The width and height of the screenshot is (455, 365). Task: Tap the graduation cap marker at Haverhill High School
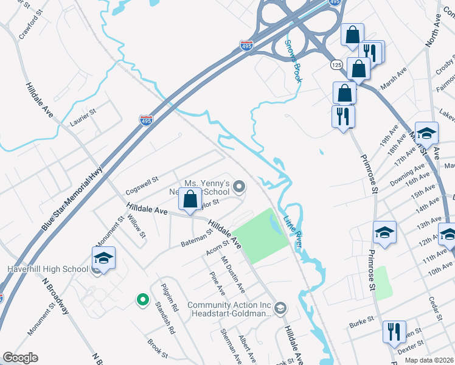[x=103, y=259]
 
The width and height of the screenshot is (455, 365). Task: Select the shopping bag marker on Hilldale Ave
[x=191, y=198]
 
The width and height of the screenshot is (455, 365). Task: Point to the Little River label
[x=293, y=231]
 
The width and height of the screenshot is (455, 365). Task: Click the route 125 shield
[x=336, y=64]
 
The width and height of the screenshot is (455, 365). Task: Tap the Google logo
[x=19, y=358]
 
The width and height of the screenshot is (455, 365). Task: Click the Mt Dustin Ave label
[x=232, y=274]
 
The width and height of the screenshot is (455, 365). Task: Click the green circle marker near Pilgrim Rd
[x=142, y=299]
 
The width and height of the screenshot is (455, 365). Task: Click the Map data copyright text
[x=428, y=360]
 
